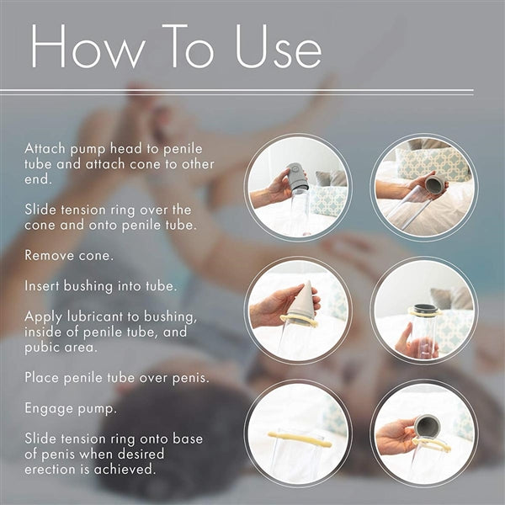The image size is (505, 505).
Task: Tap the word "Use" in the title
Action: click(x=279, y=46)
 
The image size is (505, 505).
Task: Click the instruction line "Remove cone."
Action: click(x=69, y=256)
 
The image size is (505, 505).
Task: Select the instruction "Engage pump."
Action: click(x=70, y=409)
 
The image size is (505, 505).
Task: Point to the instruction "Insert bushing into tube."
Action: click(x=101, y=286)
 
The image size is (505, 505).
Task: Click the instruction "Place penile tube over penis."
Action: click(x=117, y=378)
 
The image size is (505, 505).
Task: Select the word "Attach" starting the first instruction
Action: click(x=45, y=149)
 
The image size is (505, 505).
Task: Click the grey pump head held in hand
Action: click(x=297, y=177)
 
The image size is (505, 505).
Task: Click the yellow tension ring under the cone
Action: click(x=299, y=321)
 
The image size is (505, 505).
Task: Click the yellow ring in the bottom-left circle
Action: click(x=300, y=439)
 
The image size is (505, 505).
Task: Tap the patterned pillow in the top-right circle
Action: click(x=432, y=162)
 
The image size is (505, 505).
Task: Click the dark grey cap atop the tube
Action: click(x=426, y=309)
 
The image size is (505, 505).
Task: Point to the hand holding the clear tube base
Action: click(x=416, y=343)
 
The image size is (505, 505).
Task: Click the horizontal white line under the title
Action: click(x=237, y=91)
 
